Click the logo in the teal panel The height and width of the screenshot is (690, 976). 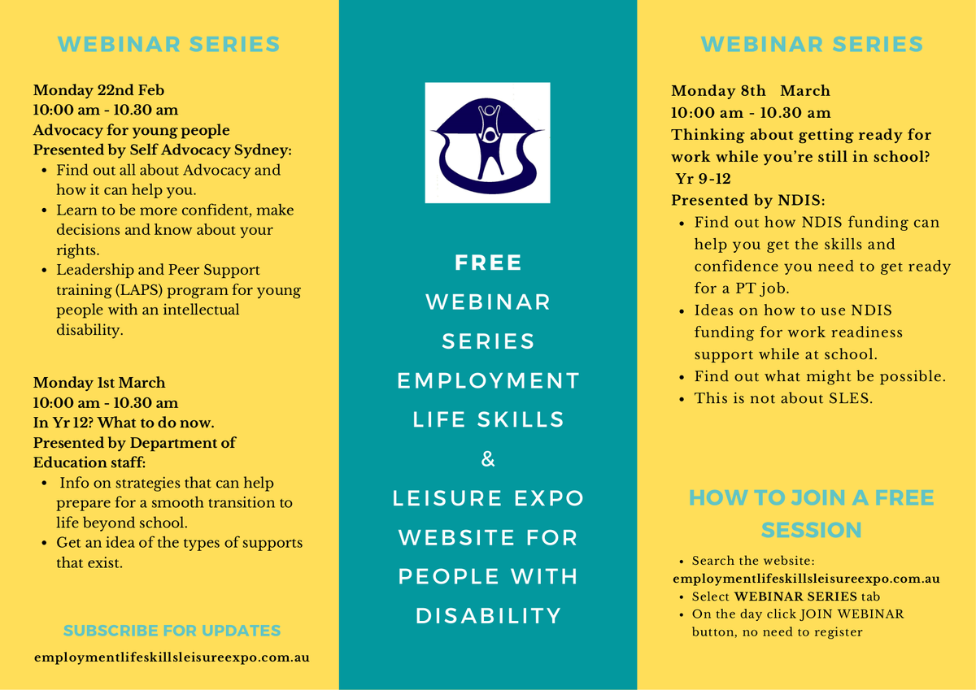[487, 143]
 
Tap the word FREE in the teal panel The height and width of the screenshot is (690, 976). [488, 263]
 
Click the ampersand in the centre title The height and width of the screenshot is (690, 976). [488, 459]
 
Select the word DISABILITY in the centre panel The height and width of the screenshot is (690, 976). [489, 615]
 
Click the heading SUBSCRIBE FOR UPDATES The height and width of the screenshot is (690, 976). [172, 631]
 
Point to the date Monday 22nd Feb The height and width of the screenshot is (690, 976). [99, 90]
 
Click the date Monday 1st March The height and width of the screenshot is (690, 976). [99, 382]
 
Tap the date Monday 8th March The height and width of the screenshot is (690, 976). [750, 90]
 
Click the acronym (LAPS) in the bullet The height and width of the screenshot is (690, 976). [139, 290]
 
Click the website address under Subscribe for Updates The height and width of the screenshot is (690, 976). [172, 657]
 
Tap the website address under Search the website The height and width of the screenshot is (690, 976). [806, 579]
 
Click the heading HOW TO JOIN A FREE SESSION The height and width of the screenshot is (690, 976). [812, 514]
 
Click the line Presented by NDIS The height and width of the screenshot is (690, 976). [747, 200]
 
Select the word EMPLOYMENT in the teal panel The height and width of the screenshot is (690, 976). [488, 380]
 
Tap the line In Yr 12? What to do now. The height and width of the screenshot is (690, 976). [124, 423]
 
